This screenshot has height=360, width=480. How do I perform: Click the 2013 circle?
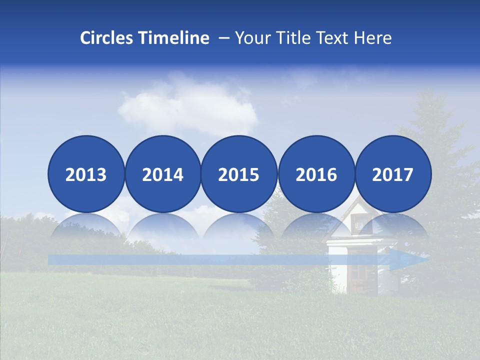tap(86, 174)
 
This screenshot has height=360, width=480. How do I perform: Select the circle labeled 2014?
tap(162, 174)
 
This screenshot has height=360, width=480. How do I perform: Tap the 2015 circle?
tap(239, 174)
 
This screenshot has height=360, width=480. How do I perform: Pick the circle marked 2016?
tap(316, 174)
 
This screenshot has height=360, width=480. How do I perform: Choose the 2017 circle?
tap(393, 174)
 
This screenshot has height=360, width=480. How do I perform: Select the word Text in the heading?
tap(334, 38)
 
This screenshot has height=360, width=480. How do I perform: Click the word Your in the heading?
tap(254, 38)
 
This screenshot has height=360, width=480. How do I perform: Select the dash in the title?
tap(224, 38)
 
